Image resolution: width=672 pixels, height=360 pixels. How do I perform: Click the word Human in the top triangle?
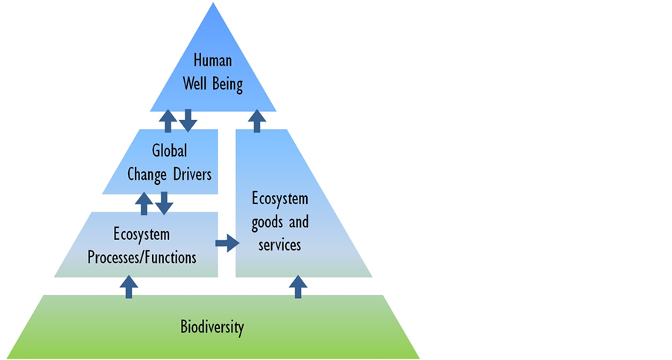click(212, 60)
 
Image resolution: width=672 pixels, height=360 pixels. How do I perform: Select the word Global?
click(170, 151)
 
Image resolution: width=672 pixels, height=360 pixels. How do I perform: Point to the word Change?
click(147, 175)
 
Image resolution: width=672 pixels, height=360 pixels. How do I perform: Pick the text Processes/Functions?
click(142, 258)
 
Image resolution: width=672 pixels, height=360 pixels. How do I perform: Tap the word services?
click(280, 245)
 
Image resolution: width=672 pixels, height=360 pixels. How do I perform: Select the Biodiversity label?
click(212, 327)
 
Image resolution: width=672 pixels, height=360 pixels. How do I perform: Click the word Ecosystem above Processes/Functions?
click(142, 235)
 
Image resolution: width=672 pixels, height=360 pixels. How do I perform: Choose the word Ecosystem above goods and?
click(280, 199)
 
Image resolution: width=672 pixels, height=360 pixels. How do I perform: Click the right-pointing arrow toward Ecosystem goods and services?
click(227, 244)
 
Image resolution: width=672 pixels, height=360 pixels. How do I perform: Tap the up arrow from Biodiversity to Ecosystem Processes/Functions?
click(129, 287)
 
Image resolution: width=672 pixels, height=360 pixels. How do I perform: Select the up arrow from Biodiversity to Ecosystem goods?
click(298, 287)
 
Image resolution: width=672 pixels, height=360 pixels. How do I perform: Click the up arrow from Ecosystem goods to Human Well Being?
click(257, 121)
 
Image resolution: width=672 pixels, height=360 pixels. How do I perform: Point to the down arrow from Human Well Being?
click(188, 121)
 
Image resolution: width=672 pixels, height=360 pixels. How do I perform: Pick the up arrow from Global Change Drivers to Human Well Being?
click(168, 121)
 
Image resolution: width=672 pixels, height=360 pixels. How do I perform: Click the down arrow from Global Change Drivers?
click(164, 203)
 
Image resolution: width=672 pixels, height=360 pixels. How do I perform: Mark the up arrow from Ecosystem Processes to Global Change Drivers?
click(144, 203)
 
